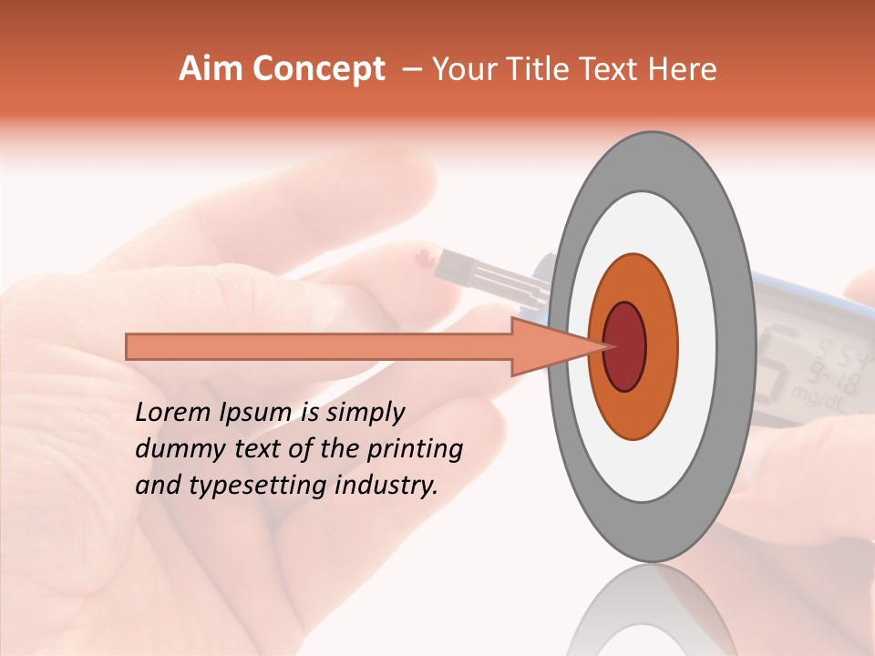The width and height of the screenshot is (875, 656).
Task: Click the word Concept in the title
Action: click(319, 69)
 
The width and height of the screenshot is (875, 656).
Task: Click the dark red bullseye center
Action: click(624, 346)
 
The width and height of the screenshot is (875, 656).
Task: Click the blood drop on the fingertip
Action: click(422, 259)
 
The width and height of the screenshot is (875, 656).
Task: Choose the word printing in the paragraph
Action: click(415, 449)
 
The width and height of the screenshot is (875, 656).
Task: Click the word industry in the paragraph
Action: click(386, 486)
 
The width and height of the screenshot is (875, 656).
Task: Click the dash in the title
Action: click(411, 69)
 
